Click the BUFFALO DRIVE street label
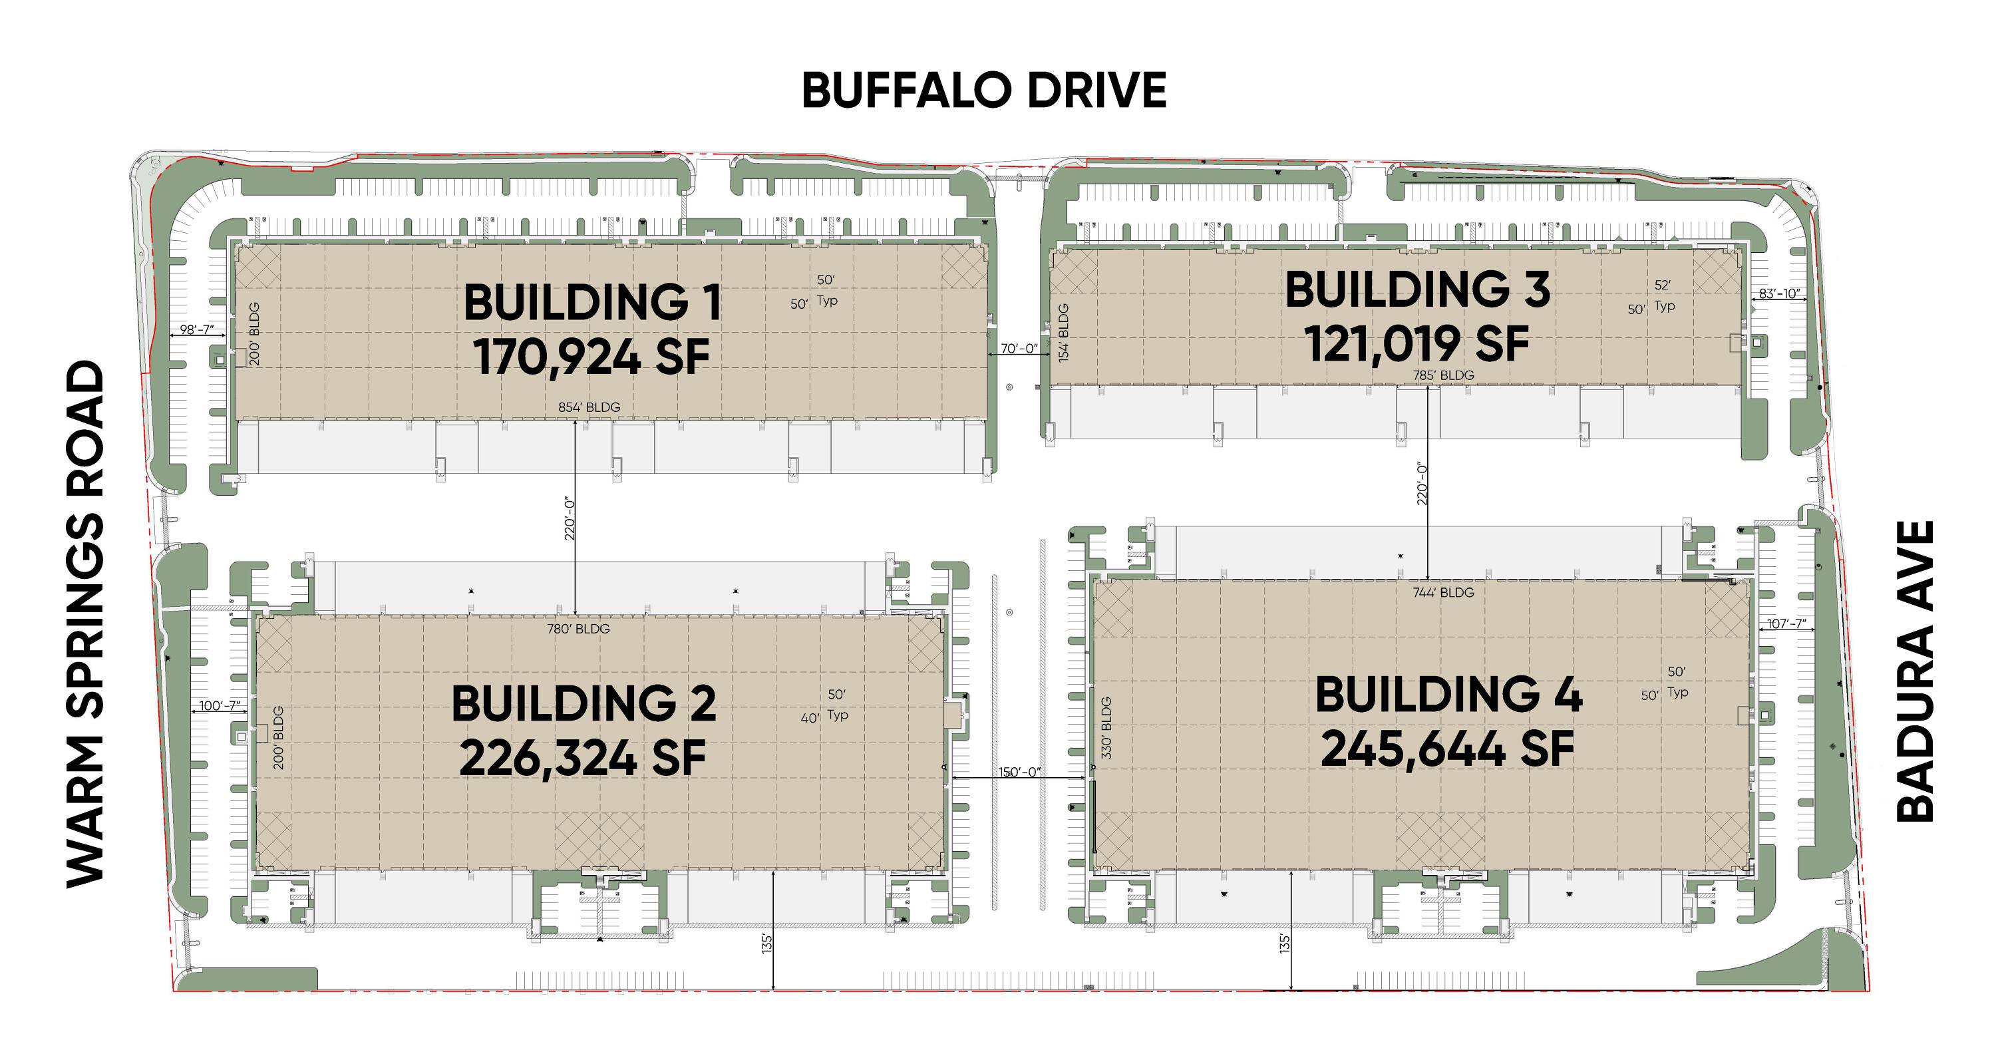(983, 90)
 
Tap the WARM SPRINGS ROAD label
(85, 624)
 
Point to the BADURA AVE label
(1915, 671)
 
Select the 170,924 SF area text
(591, 357)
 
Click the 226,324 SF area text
(583, 757)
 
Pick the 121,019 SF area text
(1417, 343)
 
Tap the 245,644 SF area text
(1447, 749)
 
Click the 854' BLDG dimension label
(589, 407)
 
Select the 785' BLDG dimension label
(1442, 375)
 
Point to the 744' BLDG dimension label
(1442, 592)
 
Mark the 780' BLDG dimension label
(578, 629)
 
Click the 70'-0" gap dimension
(1019, 349)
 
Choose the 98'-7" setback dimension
(197, 329)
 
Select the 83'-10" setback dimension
(1779, 293)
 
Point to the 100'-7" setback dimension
(220, 706)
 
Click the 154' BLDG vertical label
(1064, 333)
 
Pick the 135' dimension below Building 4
(1284, 944)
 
